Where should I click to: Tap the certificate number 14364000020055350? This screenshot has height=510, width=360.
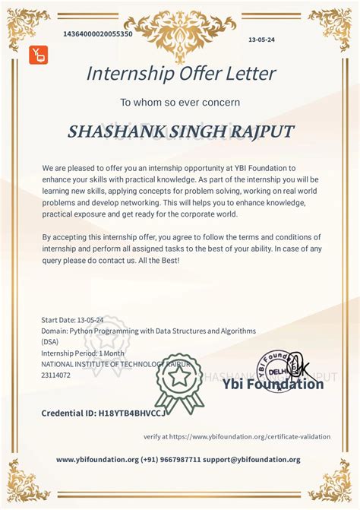pos(98,34)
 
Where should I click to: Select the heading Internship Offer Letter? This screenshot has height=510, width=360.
pos(180,74)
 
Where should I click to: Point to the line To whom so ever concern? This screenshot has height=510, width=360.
pos(180,102)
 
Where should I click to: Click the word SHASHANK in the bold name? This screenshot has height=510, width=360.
pos(112,131)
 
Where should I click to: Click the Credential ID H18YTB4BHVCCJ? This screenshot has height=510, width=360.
pos(103,413)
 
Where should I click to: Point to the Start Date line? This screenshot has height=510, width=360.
pos(72,321)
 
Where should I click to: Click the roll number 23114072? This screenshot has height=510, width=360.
pos(55,375)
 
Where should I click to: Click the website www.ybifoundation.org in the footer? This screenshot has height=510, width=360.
pos(97,460)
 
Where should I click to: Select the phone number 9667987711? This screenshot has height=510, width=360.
pos(179,460)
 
